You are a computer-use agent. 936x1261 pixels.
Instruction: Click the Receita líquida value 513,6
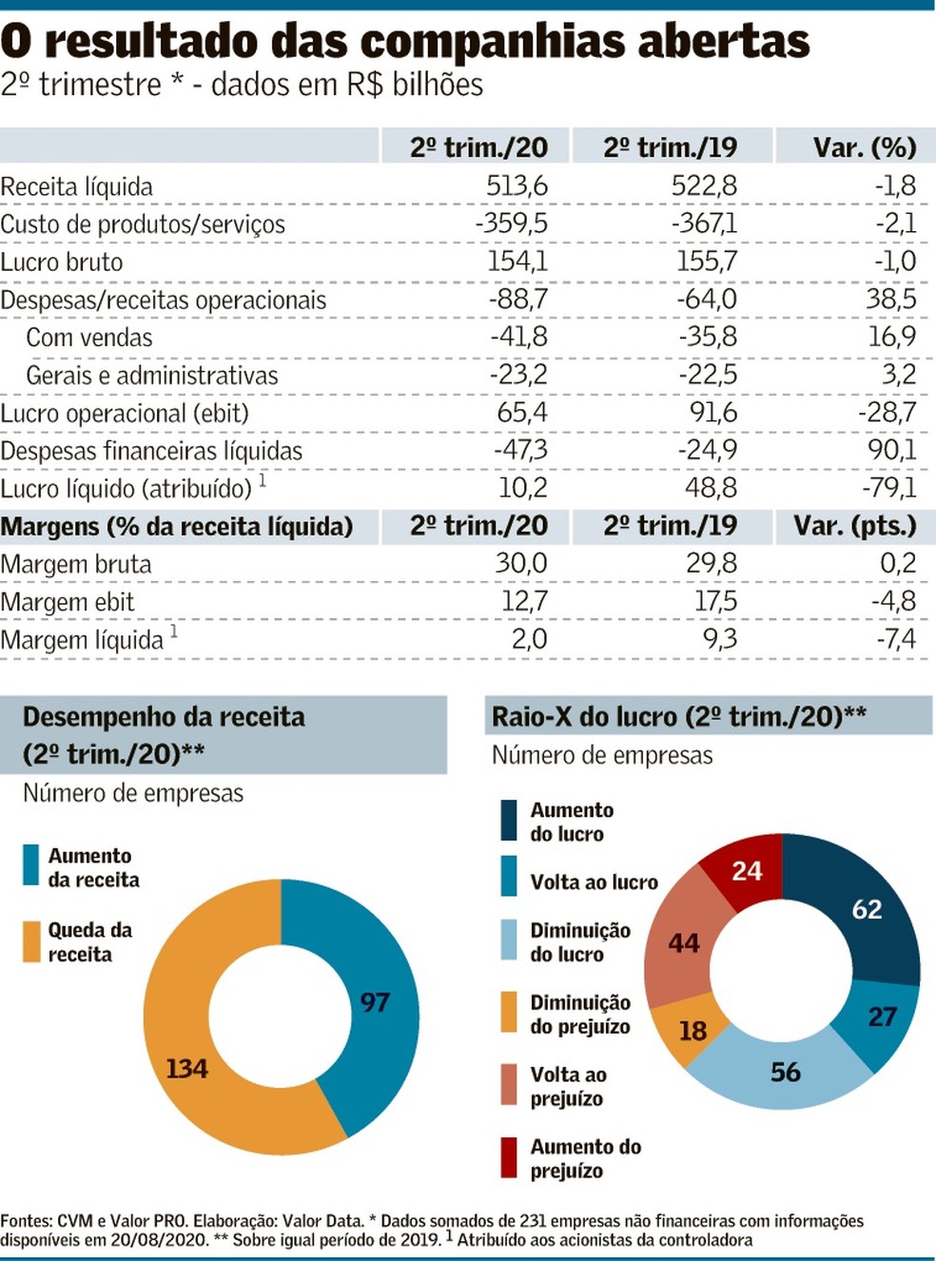pos(517,185)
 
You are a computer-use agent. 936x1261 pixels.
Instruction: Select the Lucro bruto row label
pos(62,262)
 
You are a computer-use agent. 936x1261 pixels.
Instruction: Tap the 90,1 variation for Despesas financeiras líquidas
pos(890,450)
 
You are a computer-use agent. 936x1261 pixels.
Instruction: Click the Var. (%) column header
pos(864,147)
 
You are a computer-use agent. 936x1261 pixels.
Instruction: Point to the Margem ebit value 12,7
pos(524,601)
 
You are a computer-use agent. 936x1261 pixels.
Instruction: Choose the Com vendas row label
pos(89,338)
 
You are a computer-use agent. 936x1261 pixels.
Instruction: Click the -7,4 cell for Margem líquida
pos(895,638)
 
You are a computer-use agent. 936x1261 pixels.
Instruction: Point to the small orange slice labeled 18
pos(692,1031)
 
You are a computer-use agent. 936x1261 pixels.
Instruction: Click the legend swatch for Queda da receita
pos(32,941)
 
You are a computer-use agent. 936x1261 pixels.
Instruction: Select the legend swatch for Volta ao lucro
pos(510,876)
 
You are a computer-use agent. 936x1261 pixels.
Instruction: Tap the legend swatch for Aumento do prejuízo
pos(510,1157)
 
